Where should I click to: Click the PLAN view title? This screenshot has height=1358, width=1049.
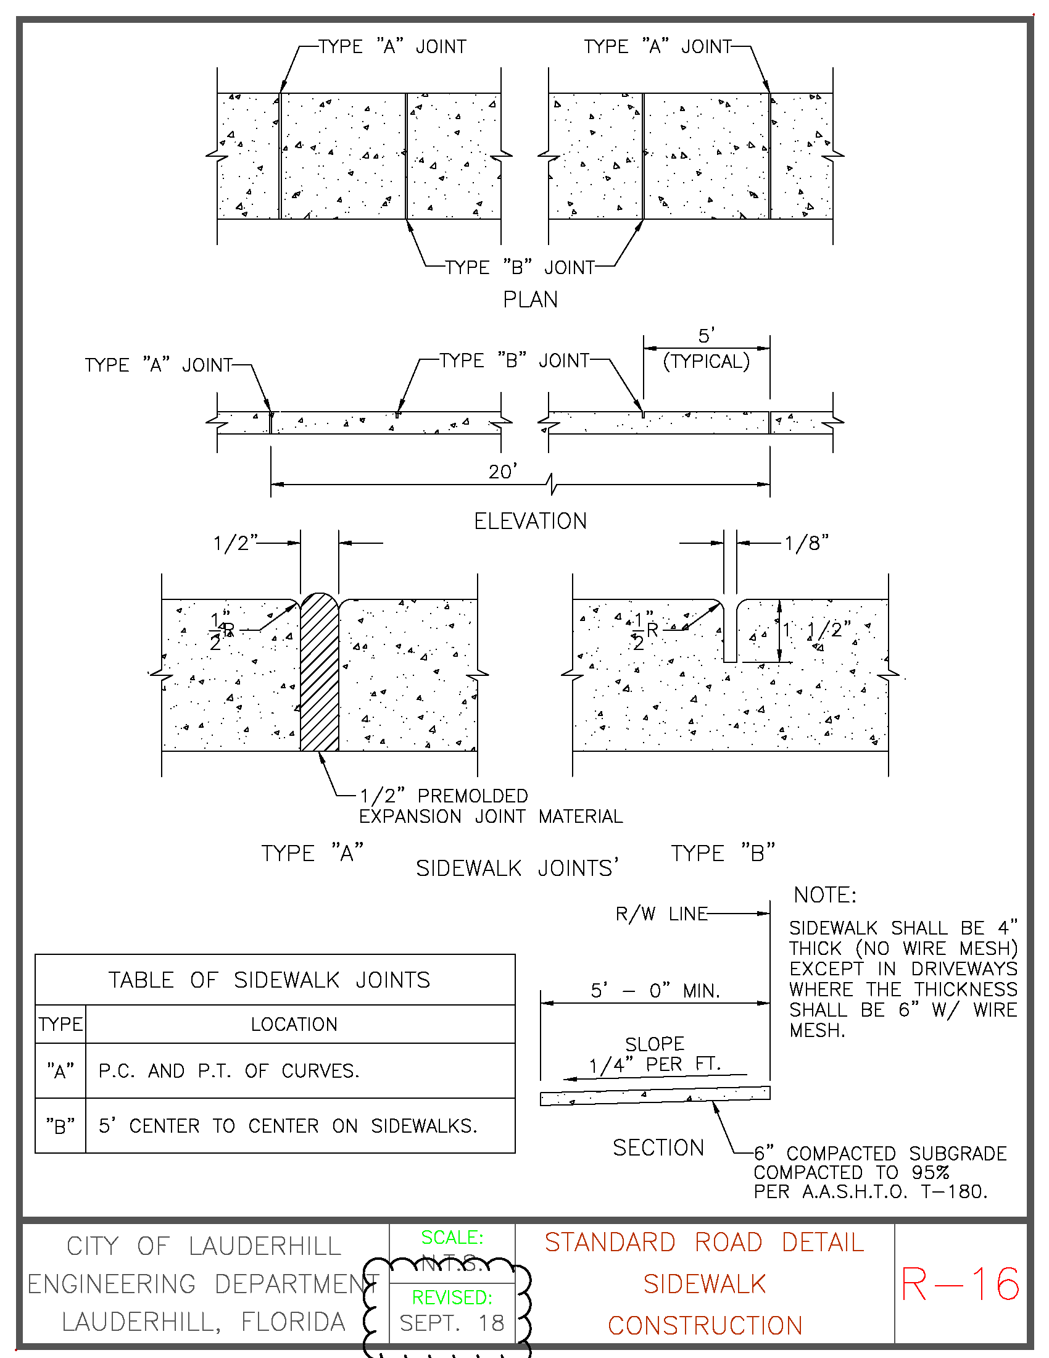tap(530, 300)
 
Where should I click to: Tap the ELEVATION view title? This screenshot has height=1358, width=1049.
tap(530, 521)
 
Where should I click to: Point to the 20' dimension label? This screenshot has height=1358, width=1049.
tap(503, 472)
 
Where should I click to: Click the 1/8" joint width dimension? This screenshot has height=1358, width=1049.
tap(806, 543)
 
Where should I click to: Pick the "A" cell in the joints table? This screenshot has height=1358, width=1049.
tap(60, 1071)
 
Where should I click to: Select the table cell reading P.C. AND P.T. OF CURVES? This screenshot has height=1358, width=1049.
tap(229, 1071)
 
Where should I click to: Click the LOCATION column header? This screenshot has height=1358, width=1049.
tap(294, 1024)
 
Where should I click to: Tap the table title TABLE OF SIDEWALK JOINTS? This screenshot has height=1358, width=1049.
tap(269, 980)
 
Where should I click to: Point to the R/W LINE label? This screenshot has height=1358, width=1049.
tap(661, 914)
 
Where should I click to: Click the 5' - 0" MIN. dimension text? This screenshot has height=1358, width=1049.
tap(655, 990)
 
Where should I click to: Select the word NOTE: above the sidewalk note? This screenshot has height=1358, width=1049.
tap(824, 895)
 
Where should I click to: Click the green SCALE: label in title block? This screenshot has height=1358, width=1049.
tap(452, 1237)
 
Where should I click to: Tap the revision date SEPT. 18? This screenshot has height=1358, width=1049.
tap(452, 1323)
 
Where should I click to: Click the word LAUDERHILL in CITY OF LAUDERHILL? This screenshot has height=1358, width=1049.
tap(265, 1246)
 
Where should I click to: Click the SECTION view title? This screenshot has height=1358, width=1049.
tap(658, 1148)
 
